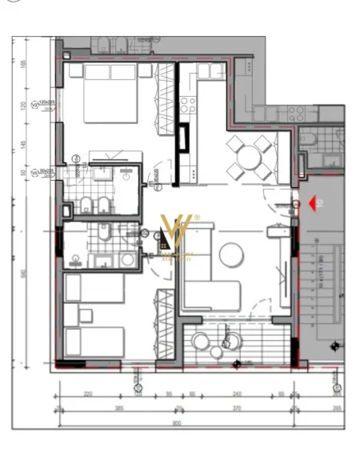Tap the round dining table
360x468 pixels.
click(x=248, y=156)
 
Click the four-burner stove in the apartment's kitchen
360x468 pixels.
click(x=189, y=104)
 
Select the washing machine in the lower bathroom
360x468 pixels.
click(x=126, y=260)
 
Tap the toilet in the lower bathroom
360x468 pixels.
click(x=103, y=233)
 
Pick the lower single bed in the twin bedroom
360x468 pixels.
click(x=94, y=342)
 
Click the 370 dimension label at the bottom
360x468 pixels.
click(x=237, y=409)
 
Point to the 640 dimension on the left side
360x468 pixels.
click(x=24, y=272)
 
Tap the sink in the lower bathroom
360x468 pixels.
click(x=76, y=259)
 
